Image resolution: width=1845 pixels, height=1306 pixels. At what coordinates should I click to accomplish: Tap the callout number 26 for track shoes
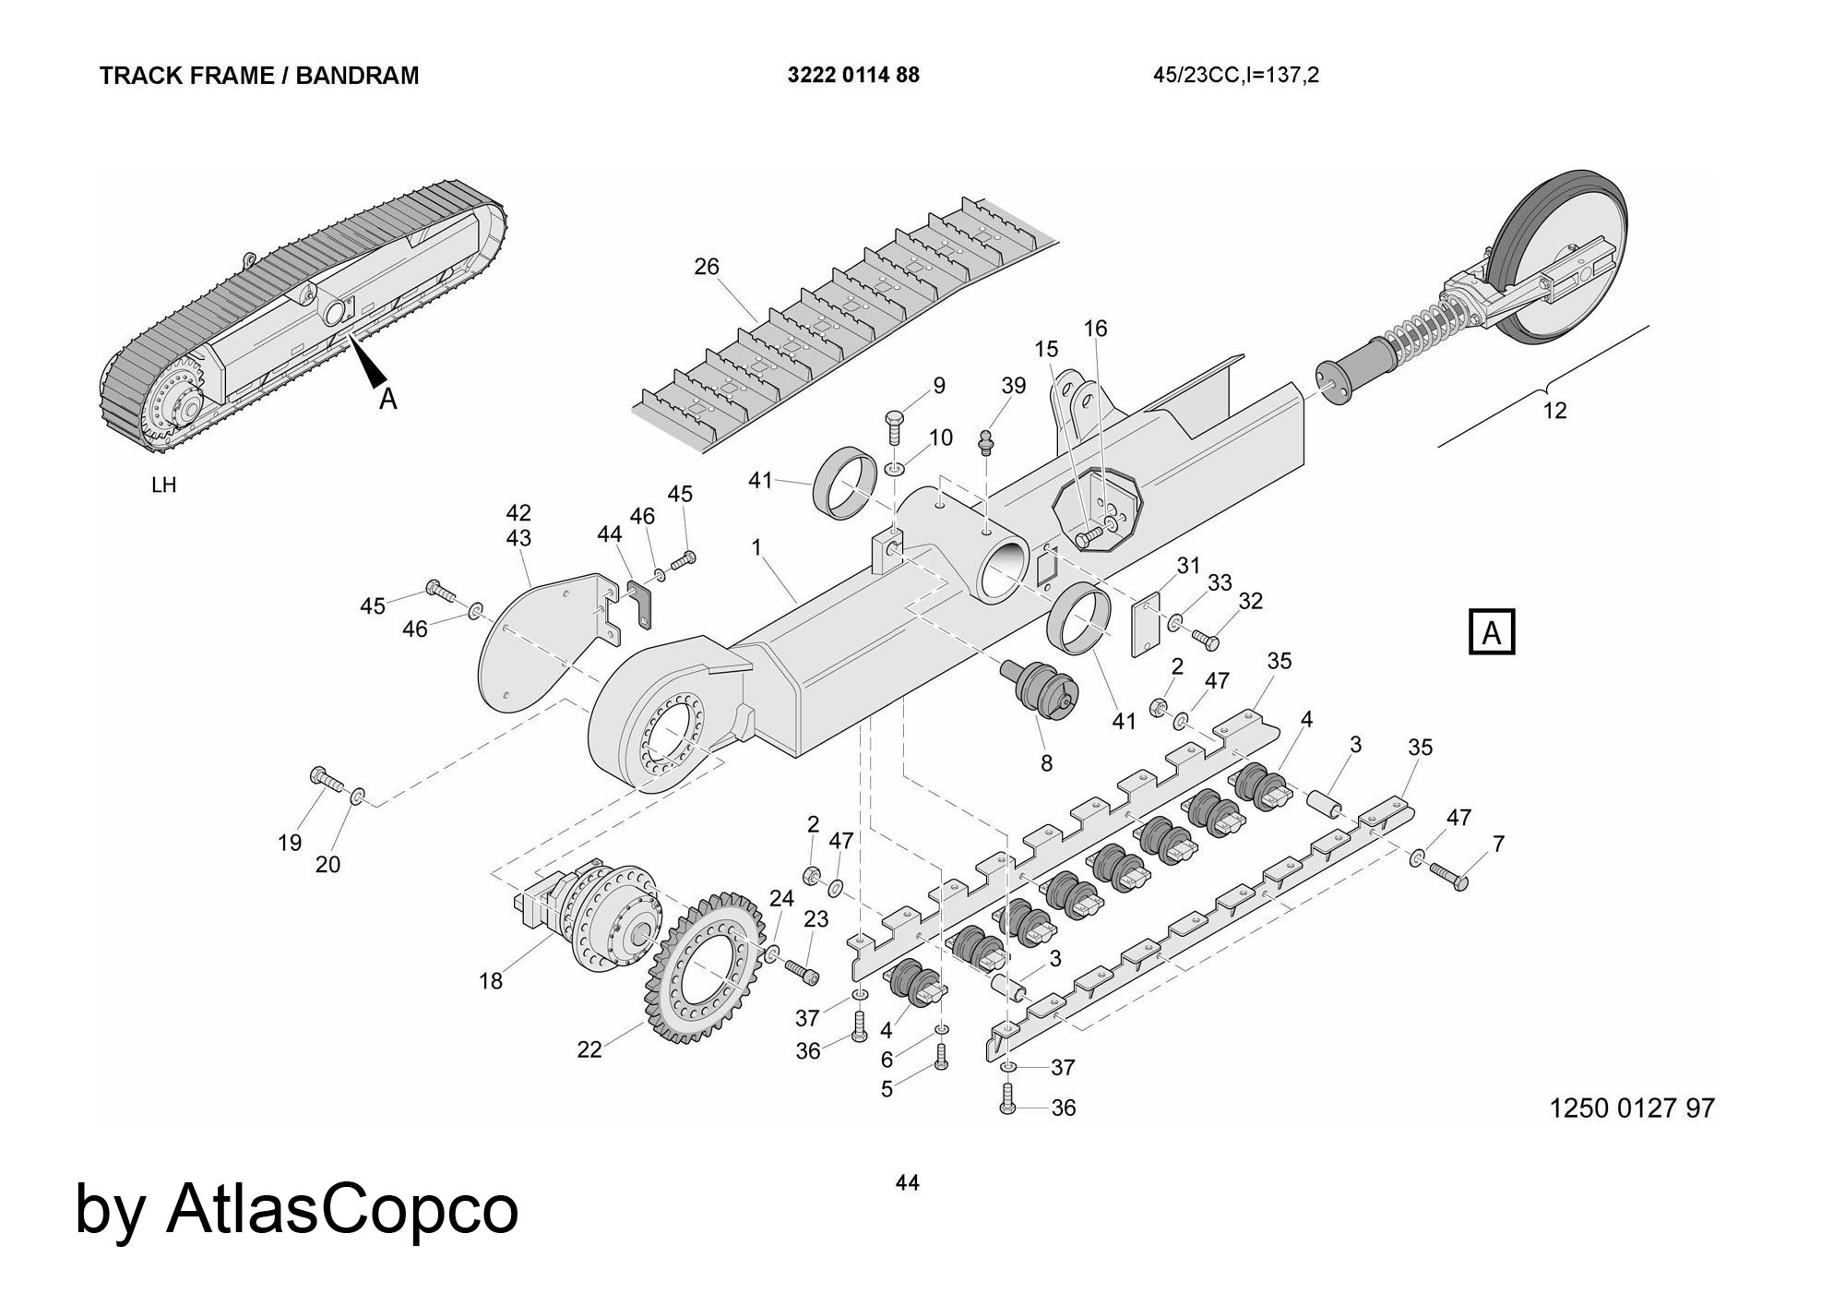coord(706,267)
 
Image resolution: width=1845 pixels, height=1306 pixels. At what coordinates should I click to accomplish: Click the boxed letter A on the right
coord(1491,632)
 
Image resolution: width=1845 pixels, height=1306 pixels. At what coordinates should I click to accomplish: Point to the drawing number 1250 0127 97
coord(1631,1108)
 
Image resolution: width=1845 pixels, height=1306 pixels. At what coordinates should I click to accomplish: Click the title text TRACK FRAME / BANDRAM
coord(259,76)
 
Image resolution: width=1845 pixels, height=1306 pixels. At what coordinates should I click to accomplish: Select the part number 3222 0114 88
coord(853,76)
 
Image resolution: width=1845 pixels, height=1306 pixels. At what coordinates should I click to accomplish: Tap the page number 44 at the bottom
coord(907,1182)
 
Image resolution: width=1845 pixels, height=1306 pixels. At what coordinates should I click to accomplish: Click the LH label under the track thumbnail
coord(163,485)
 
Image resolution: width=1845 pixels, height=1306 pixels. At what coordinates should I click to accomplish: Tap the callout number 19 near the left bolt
coord(290,842)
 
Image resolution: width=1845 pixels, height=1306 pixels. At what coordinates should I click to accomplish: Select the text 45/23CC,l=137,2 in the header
coord(1235,76)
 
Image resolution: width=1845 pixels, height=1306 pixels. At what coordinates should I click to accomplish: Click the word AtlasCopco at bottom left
coord(341,1209)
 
